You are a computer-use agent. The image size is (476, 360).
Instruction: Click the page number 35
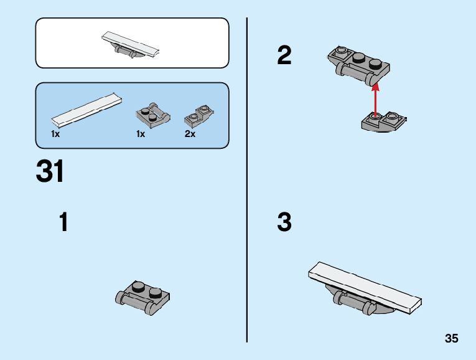[x=452, y=339]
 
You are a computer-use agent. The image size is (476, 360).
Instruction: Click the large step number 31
[x=50, y=171]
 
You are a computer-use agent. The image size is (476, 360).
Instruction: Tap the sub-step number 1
[x=63, y=222]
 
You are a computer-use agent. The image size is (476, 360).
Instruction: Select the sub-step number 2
[x=284, y=56]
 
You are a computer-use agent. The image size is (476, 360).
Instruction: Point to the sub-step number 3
[x=284, y=222]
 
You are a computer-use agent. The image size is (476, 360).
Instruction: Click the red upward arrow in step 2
[x=375, y=97]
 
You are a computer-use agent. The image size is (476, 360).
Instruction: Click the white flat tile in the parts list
[x=86, y=109]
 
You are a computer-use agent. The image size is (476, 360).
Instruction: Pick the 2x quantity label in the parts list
[x=190, y=134]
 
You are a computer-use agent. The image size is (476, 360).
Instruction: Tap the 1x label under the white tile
[x=55, y=134]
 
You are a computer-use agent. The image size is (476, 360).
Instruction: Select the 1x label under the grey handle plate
[x=141, y=134]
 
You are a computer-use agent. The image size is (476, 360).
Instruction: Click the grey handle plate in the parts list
[x=153, y=115]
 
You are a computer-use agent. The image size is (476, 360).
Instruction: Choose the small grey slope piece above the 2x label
[x=199, y=115]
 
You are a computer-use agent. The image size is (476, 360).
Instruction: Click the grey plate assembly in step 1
[x=143, y=296]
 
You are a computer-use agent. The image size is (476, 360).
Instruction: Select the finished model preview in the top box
[x=131, y=44]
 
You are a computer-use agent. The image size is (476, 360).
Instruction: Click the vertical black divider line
[x=247, y=181]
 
